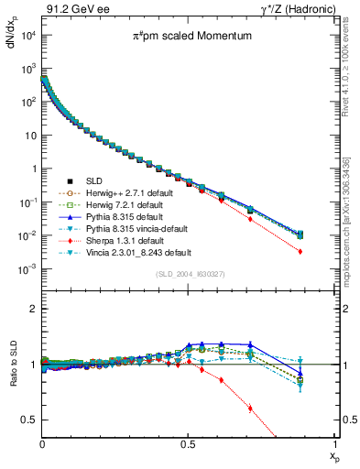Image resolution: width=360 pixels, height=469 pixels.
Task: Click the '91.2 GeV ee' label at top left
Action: coord(71,10)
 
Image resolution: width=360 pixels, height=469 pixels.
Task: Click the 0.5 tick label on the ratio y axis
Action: coord(31,420)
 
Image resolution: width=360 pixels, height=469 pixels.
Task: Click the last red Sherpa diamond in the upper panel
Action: coord(325,251)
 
